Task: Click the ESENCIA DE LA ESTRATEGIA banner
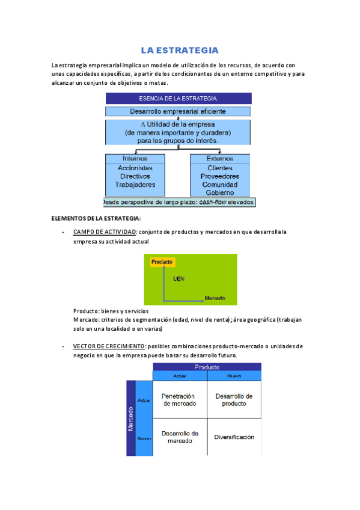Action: [178, 98]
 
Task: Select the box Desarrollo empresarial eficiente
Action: [178, 111]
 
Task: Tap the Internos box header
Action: [135, 158]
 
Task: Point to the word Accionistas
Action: [135, 168]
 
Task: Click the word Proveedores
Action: [219, 177]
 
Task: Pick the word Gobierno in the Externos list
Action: [219, 193]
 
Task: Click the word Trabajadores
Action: [135, 185]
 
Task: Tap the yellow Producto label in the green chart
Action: [162, 262]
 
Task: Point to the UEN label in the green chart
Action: [178, 279]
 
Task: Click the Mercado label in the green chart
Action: [215, 298]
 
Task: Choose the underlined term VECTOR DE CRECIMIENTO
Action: [109, 346]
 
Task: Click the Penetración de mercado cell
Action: [179, 400]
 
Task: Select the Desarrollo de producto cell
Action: [234, 400]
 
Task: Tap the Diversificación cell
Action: [234, 437]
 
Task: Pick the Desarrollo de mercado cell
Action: [179, 437]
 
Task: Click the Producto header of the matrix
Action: [207, 367]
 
